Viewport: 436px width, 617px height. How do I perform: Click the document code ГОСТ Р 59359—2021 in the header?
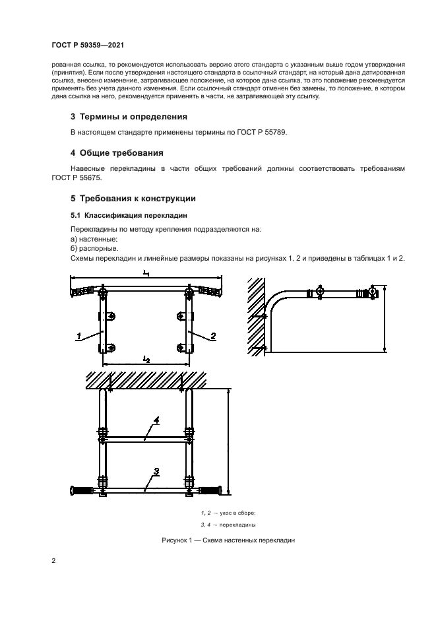(88, 46)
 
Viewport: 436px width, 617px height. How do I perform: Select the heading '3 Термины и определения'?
(129, 117)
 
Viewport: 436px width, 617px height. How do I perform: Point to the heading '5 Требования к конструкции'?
(133, 199)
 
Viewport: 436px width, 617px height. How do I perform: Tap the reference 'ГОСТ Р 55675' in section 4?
(74, 178)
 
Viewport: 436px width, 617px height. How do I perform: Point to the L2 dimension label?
(146, 358)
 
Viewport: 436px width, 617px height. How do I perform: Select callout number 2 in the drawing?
(214, 336)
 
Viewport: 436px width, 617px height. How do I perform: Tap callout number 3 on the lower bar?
(156, 471)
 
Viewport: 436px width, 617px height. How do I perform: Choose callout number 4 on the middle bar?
(156, 420)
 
